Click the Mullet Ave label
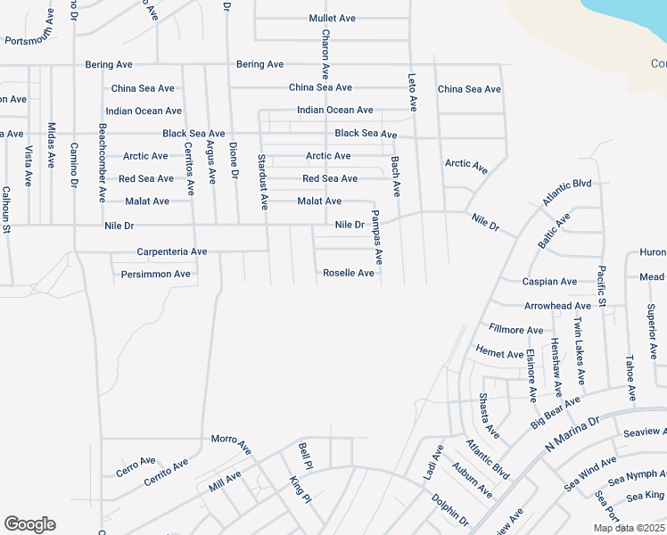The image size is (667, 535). [333, 18]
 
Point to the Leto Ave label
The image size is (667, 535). [413, 91]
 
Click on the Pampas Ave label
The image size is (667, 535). [376, 237]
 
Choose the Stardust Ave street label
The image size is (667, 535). [262, 182]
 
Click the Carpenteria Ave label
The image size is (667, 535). [171, 251]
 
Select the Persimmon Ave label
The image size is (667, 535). [156, 274]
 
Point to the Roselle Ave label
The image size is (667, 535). [349, 273]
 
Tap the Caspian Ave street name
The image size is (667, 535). [549, 282]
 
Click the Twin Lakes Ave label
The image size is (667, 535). [579, 350]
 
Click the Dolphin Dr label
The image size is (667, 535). [450, 508]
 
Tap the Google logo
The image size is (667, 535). [29, 524]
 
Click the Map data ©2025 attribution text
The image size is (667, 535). [628, 528]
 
